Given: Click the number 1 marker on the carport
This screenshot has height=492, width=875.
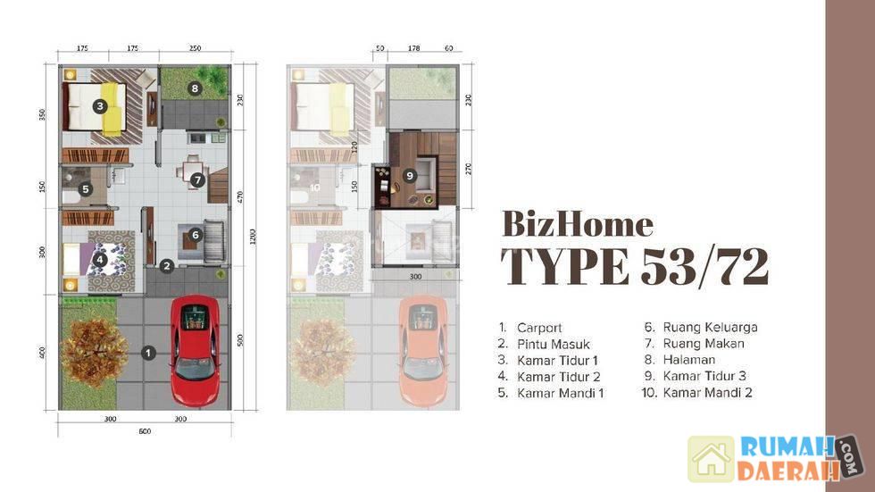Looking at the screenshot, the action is (148, 353).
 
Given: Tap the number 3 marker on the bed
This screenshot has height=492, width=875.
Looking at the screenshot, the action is (100, 106).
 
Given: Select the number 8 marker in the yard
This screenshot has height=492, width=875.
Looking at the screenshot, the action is (195, 88).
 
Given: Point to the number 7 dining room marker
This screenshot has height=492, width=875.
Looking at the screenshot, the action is (197, 180).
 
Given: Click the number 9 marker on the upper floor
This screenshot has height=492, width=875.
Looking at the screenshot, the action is (410, 176).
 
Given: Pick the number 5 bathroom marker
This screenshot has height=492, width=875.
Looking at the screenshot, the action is (86, 189).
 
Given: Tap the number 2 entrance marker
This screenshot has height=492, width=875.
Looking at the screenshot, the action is (166, 266).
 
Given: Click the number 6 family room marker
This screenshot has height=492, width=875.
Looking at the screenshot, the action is (195, 235).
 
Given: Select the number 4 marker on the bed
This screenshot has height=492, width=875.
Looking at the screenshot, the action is (99, 259).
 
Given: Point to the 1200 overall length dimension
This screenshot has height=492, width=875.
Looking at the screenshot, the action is (252, 237).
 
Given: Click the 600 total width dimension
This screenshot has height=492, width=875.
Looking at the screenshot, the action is (145, 431).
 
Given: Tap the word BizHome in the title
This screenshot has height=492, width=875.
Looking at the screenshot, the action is (578, 224).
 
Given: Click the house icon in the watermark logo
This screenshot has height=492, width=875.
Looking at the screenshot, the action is (711, 459).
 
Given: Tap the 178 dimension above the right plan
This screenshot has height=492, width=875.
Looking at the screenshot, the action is (413, 48).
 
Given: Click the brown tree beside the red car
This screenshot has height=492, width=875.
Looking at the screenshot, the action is (94, 353).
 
